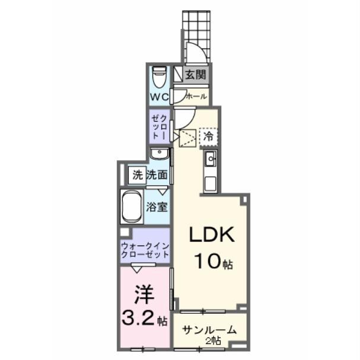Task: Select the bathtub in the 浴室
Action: tap(132, 207)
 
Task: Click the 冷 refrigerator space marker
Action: tap(208, 136)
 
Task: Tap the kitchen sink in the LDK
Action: tap(211, 159)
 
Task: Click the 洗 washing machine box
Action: tap(138, 175)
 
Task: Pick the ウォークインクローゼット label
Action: tap(145, 250)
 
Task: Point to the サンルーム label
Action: tap(209, 330)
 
